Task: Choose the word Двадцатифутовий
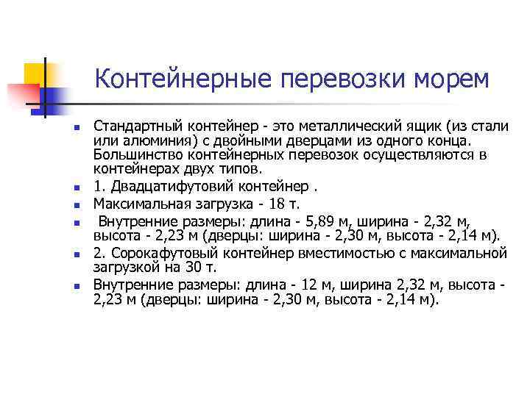point(177,183)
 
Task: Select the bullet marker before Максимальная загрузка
point(76,204)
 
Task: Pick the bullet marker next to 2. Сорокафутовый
point(76,255)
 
